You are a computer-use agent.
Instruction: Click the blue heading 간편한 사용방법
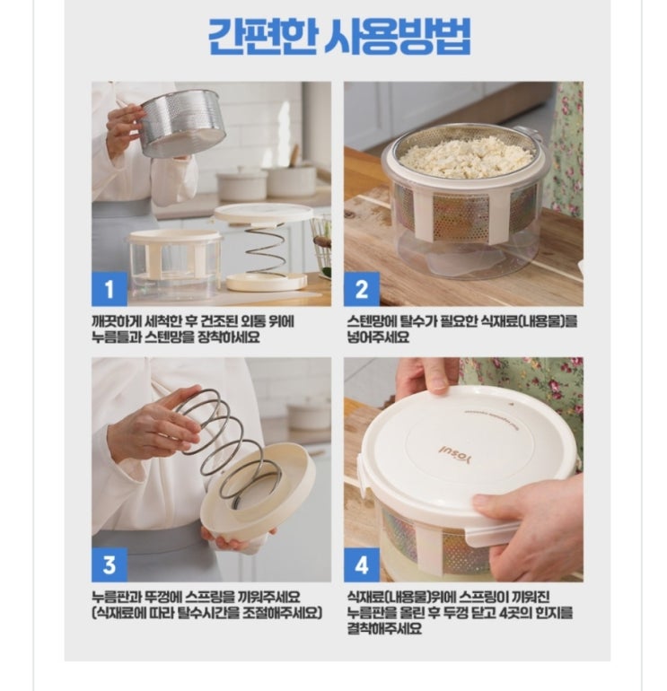[x=338, y=36]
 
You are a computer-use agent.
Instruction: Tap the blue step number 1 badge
[x=110, y=289]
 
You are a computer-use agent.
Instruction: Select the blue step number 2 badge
[x=362, y=289]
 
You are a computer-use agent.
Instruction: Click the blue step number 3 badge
[x=110, y=565]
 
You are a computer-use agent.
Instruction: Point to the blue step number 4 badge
[x=362, y=565]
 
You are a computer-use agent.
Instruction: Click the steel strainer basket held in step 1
[x=181, y=124]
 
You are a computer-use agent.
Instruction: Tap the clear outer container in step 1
[x=174, y=265]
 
